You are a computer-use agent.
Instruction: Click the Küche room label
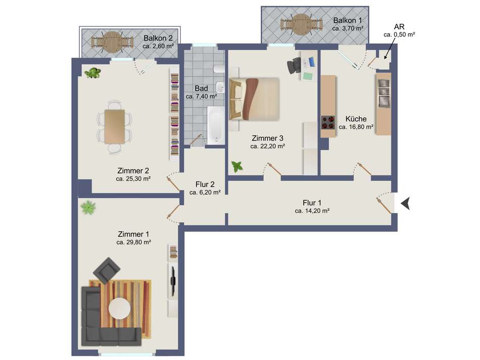356,119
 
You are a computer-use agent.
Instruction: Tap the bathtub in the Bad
216,125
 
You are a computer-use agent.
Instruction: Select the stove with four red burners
328,122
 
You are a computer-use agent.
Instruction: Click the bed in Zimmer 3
254,99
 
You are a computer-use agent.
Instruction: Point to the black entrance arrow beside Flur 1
406,203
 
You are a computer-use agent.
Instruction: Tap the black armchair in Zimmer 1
107,270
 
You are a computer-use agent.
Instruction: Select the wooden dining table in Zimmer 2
115,126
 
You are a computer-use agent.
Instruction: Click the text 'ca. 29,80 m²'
134,242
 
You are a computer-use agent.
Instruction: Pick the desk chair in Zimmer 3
294,65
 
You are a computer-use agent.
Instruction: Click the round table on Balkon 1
302,23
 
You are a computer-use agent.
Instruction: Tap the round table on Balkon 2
112,42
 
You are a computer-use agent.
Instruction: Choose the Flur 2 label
205,185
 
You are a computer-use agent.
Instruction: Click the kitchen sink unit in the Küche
383,93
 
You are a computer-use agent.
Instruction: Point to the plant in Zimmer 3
237,167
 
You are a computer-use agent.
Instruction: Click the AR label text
399,27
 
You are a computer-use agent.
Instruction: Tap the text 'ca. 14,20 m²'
312,211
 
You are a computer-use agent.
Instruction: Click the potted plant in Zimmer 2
92,73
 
